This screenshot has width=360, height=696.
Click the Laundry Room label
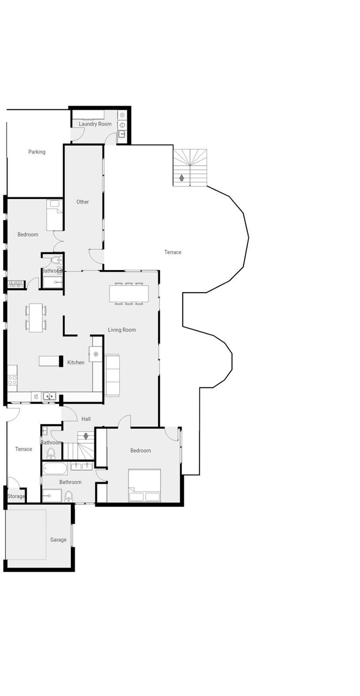click(x=95, y=124)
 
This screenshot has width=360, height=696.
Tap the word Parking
click(x=37, y=152)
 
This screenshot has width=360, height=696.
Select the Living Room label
click(x=121, y=330)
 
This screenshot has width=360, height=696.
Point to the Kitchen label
click(x=76, y=363)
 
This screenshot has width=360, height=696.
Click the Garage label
click(x=58, y=540)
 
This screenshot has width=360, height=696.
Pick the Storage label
click(x=16, y=496)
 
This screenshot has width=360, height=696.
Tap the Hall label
click(x=86, y=419)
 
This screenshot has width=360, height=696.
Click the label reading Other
click(x=82, y=202)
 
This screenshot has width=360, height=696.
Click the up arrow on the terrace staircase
click(x=182, y=178)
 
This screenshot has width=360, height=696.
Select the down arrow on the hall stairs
click(x=86, y=436)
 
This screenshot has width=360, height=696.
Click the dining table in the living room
click(x=129, y=293)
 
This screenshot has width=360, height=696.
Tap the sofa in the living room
click(x=112, y=375)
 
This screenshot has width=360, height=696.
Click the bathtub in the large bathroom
click(x=55, y=468)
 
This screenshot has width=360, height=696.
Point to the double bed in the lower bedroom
click(x=145, y=485)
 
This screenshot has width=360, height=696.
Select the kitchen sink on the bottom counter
click(x=49, y=396)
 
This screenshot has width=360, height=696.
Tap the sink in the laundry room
click(x=121, y=134)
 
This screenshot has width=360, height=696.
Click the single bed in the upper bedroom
click(x=54, y=215)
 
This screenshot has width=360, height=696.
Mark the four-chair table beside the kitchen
click(x=36, y=318)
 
